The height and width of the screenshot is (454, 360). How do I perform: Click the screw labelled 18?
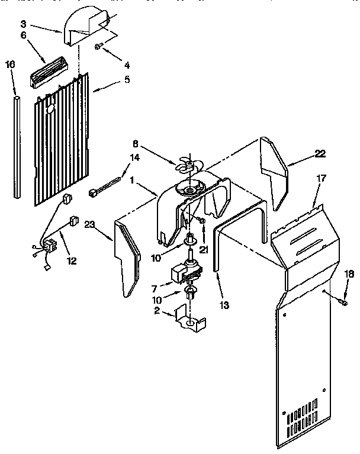(343, 302)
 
